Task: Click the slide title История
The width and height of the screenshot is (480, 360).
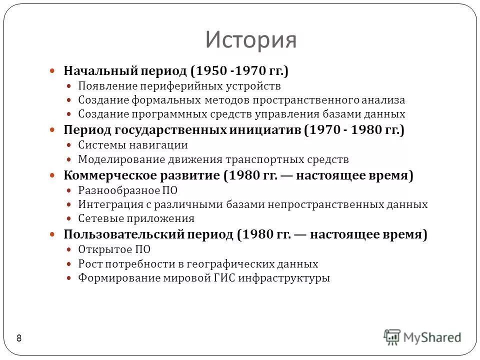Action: point(250,40)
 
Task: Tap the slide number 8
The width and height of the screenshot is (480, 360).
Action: point(19,338)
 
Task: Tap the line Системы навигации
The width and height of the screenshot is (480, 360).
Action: point(132,145)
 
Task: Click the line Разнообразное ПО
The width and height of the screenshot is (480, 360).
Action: point(127,190)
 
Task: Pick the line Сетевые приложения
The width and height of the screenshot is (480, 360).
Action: point(136,218)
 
